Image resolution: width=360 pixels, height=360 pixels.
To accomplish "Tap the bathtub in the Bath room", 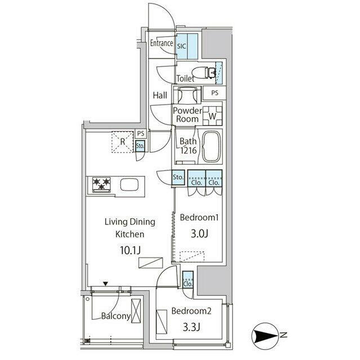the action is (211, 146).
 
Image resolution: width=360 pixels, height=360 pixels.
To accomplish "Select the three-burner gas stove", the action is (101, 184).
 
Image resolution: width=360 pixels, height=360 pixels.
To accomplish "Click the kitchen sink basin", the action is (129, 185).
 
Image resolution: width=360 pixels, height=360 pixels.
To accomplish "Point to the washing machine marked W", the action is (213, 116).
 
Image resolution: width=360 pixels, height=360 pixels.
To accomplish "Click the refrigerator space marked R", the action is (123, 142).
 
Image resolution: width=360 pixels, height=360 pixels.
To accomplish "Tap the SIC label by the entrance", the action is (181, 46).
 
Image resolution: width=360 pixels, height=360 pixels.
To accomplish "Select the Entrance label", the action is (161, 43).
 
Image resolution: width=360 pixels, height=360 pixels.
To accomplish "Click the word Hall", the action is (160, 95).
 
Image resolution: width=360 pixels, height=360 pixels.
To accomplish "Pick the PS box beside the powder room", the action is (215, 93).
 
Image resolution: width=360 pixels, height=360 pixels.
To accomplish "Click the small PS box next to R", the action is (141, 133).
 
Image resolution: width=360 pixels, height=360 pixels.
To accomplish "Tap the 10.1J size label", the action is (130, 250).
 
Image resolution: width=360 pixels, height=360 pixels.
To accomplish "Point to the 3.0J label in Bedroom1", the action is (199, 234).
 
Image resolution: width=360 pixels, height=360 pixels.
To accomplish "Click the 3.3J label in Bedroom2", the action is (191, 327).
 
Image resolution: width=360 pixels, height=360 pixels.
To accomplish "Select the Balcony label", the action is (116, 316).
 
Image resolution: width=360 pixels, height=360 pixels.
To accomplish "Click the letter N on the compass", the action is (283, 335).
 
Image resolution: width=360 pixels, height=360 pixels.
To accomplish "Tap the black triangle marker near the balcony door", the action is (105, 284).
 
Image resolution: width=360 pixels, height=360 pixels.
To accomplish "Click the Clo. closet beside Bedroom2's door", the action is (188, 279).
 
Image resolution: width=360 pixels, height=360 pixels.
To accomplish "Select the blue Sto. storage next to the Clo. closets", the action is (178, 177).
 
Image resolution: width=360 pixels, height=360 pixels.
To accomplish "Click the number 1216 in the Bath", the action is (188, 151).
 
